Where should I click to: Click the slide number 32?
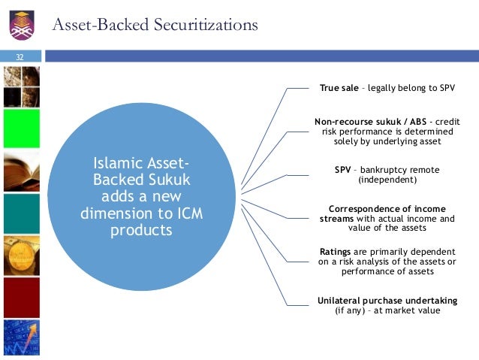point(20,56)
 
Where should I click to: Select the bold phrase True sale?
point(339,88)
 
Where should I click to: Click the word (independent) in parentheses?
point(387,180)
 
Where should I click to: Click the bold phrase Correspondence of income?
point(387,208)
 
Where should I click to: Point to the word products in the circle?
point(141,230)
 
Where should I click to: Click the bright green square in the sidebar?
point(21,129)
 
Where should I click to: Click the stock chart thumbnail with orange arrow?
point(21,337)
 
